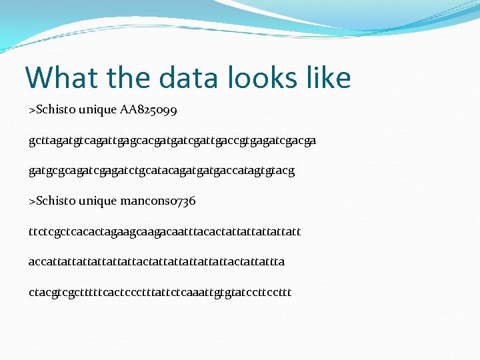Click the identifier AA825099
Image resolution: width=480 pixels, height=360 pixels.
[149, 109]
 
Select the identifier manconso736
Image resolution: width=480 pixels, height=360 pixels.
[158, 201]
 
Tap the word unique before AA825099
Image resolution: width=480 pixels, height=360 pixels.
[99, 109]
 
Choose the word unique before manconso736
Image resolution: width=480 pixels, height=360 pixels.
[99, 201]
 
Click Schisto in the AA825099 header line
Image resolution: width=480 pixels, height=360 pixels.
[55, 109]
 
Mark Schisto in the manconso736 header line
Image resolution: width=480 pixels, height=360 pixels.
[55, 201]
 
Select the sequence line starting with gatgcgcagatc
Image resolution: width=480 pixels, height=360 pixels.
[161, 171]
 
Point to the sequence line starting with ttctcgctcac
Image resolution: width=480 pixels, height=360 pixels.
[165, 231]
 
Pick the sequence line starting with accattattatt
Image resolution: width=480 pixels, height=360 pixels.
[157, 261]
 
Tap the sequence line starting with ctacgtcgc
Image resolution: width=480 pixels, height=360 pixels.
[160, 292]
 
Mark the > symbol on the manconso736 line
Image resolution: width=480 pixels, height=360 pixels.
[32, 201]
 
